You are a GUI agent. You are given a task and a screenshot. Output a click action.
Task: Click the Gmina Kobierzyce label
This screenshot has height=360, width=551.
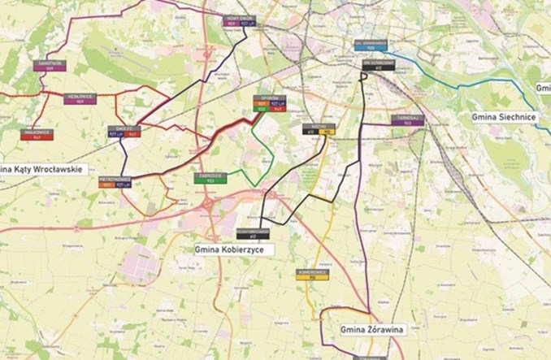pos(234,249)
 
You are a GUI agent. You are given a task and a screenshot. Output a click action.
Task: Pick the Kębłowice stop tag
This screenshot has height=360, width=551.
pos(80,99)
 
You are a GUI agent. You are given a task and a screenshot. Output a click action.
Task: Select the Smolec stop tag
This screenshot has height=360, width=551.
pos(124,131)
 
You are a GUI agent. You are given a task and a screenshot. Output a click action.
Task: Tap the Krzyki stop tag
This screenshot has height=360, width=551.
pos(318,129)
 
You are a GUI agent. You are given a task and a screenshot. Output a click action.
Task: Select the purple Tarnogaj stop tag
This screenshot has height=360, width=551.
pos(406,120)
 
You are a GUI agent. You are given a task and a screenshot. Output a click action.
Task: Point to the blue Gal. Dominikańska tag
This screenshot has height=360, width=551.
pos(370,46)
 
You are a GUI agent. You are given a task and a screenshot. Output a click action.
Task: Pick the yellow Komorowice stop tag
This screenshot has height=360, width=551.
pos(311,274)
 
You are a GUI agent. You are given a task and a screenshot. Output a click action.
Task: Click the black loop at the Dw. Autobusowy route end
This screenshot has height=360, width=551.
pos(365,76)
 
